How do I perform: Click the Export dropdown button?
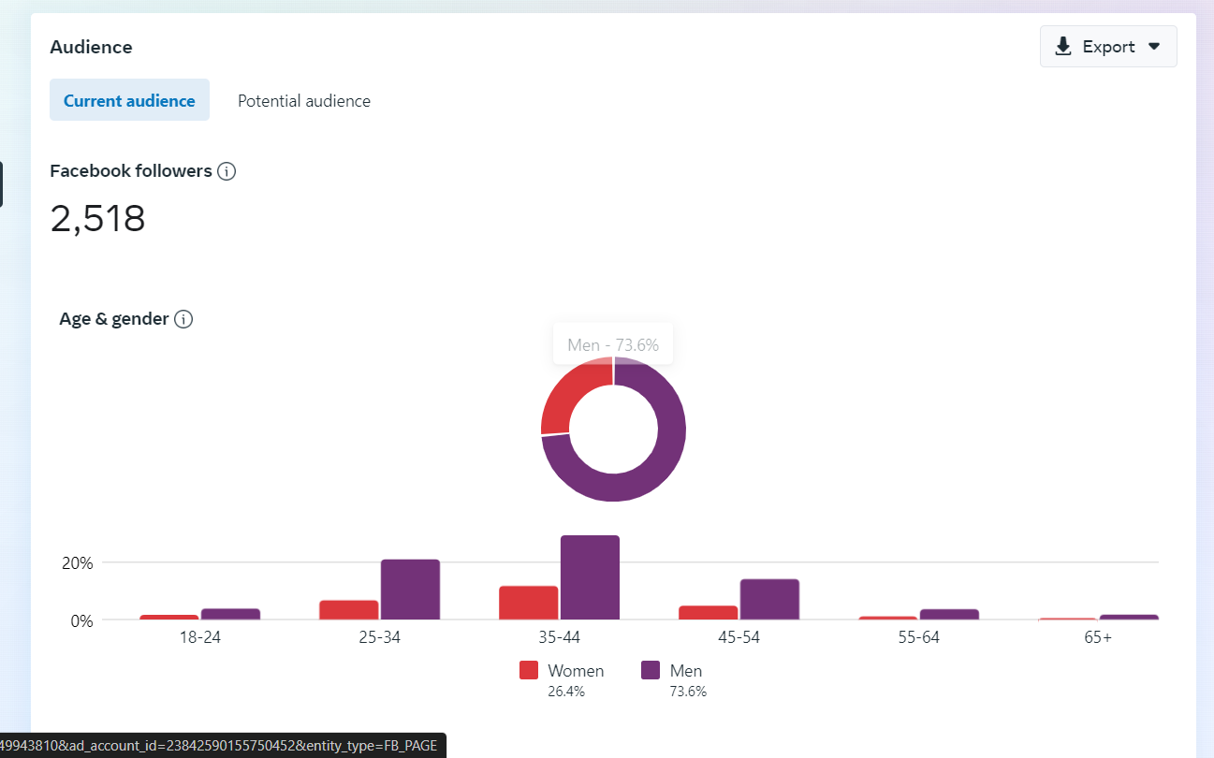pos(1108,47)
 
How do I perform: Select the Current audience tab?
pos(129,101)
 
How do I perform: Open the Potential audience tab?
pos(304,101)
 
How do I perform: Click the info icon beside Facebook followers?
pos(227,171)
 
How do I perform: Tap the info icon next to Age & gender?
pos(184,319)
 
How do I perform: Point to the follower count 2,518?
pos(98,219)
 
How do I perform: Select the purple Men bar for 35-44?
pos(590,577)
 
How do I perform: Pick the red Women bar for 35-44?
pos(529,603)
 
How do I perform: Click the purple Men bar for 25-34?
pos(410,590)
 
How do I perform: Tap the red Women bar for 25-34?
pos(349,610)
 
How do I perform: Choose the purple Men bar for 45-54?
pos(769,599)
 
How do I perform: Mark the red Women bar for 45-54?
pos(709,613)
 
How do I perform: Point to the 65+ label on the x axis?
pos(1098,638)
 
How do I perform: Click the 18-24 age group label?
pos(199,638)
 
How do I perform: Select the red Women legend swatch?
pos(529,671)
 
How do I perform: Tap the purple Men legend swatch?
pos(651,671)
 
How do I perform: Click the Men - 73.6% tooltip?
pos(613,345)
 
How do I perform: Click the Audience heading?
pos(92,47)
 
